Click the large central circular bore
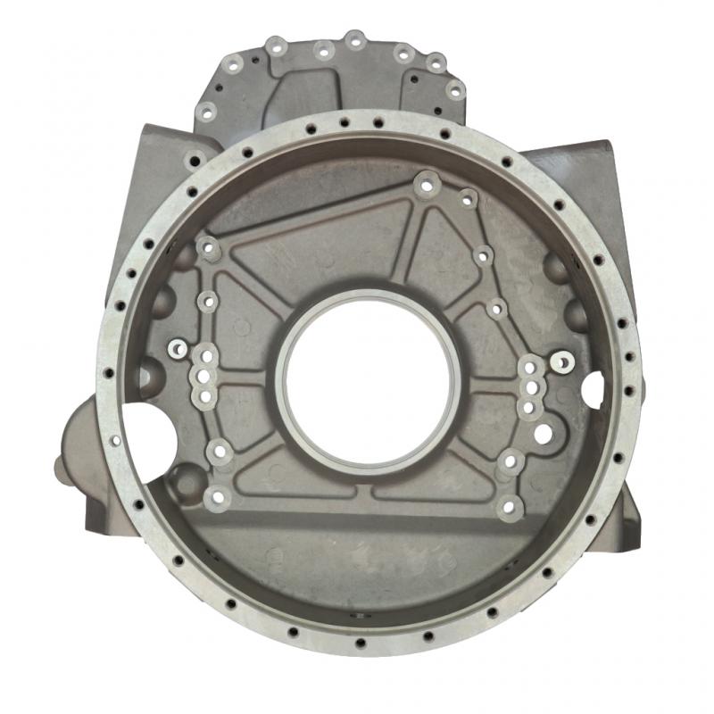[368, 384]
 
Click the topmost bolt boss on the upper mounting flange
[355, 40]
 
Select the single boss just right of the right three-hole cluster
[564, 361]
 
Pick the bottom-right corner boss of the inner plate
[510, 508]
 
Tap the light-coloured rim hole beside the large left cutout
[115, 441]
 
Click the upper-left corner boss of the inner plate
[208, 248]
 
